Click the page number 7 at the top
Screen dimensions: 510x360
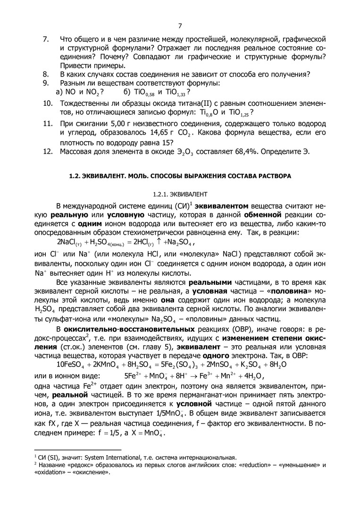click(180, 25)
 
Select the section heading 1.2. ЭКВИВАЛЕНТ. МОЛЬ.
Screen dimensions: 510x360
click(180, 176)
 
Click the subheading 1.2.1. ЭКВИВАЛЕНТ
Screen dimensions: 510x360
click(180, 194)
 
